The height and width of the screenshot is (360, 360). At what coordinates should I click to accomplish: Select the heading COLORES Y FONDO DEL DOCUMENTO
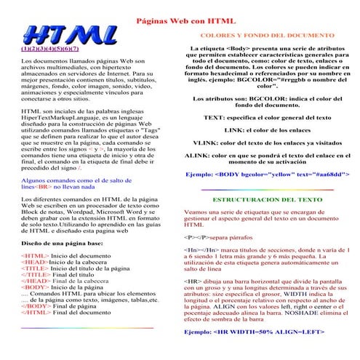point(266,35)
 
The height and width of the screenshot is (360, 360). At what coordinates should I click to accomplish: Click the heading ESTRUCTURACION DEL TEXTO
point(266,197)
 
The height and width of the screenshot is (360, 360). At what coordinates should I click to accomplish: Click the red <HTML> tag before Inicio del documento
point(35,257)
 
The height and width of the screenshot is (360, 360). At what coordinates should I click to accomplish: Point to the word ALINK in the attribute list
point(198,155)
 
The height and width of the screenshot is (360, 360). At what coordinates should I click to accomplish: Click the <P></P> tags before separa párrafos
point(196,237)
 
